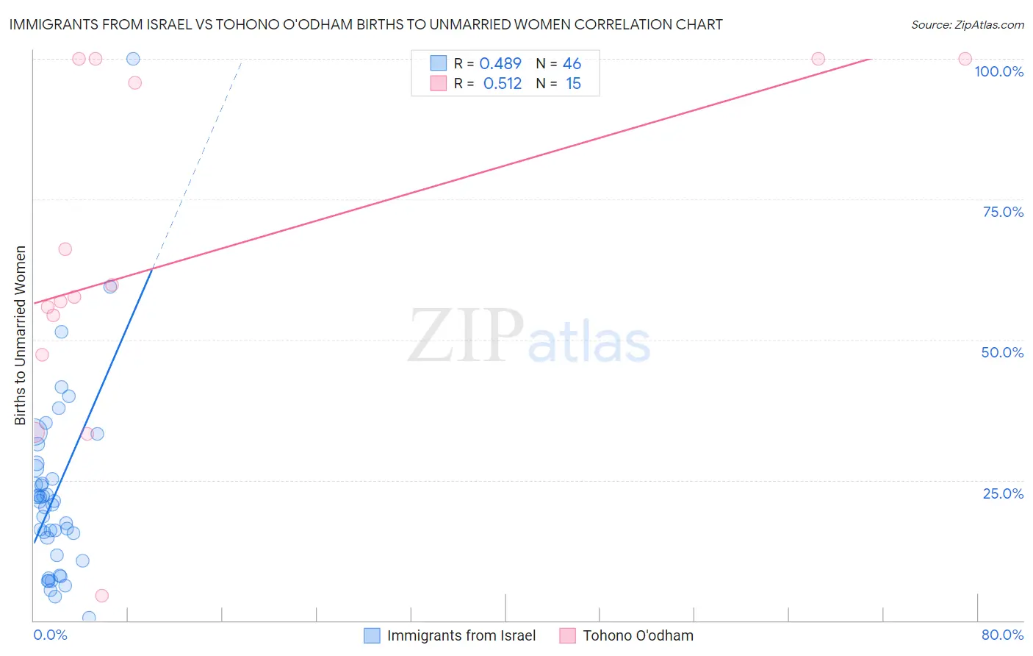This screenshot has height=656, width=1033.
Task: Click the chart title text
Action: point(366,24)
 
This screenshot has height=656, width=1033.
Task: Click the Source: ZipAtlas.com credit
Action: point(967,24)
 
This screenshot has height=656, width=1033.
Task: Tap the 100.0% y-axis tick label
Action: point(998,71)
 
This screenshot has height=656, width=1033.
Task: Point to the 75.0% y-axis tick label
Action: point(1003,212)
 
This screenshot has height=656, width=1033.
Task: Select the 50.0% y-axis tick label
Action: point(1002,352)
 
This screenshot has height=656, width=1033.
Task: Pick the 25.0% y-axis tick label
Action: point(1003,493)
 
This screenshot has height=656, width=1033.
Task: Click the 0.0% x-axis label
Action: point(50,635)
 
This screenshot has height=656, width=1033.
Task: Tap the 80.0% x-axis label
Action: point(1002,635)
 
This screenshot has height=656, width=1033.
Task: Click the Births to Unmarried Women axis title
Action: point(21,335)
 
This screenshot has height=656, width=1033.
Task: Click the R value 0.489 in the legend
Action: point(500,64)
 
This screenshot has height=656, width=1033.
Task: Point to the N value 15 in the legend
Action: point(573,84)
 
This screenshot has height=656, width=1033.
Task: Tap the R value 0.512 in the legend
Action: point(503,84)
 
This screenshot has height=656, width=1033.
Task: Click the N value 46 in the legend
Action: point(572,64)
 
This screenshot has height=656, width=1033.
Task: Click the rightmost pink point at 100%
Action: point(965,59)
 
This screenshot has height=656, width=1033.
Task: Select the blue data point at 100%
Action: point(133,59)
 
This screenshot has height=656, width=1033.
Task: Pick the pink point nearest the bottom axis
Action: point(102,596)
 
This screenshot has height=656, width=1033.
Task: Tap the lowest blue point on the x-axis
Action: point(89,617)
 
